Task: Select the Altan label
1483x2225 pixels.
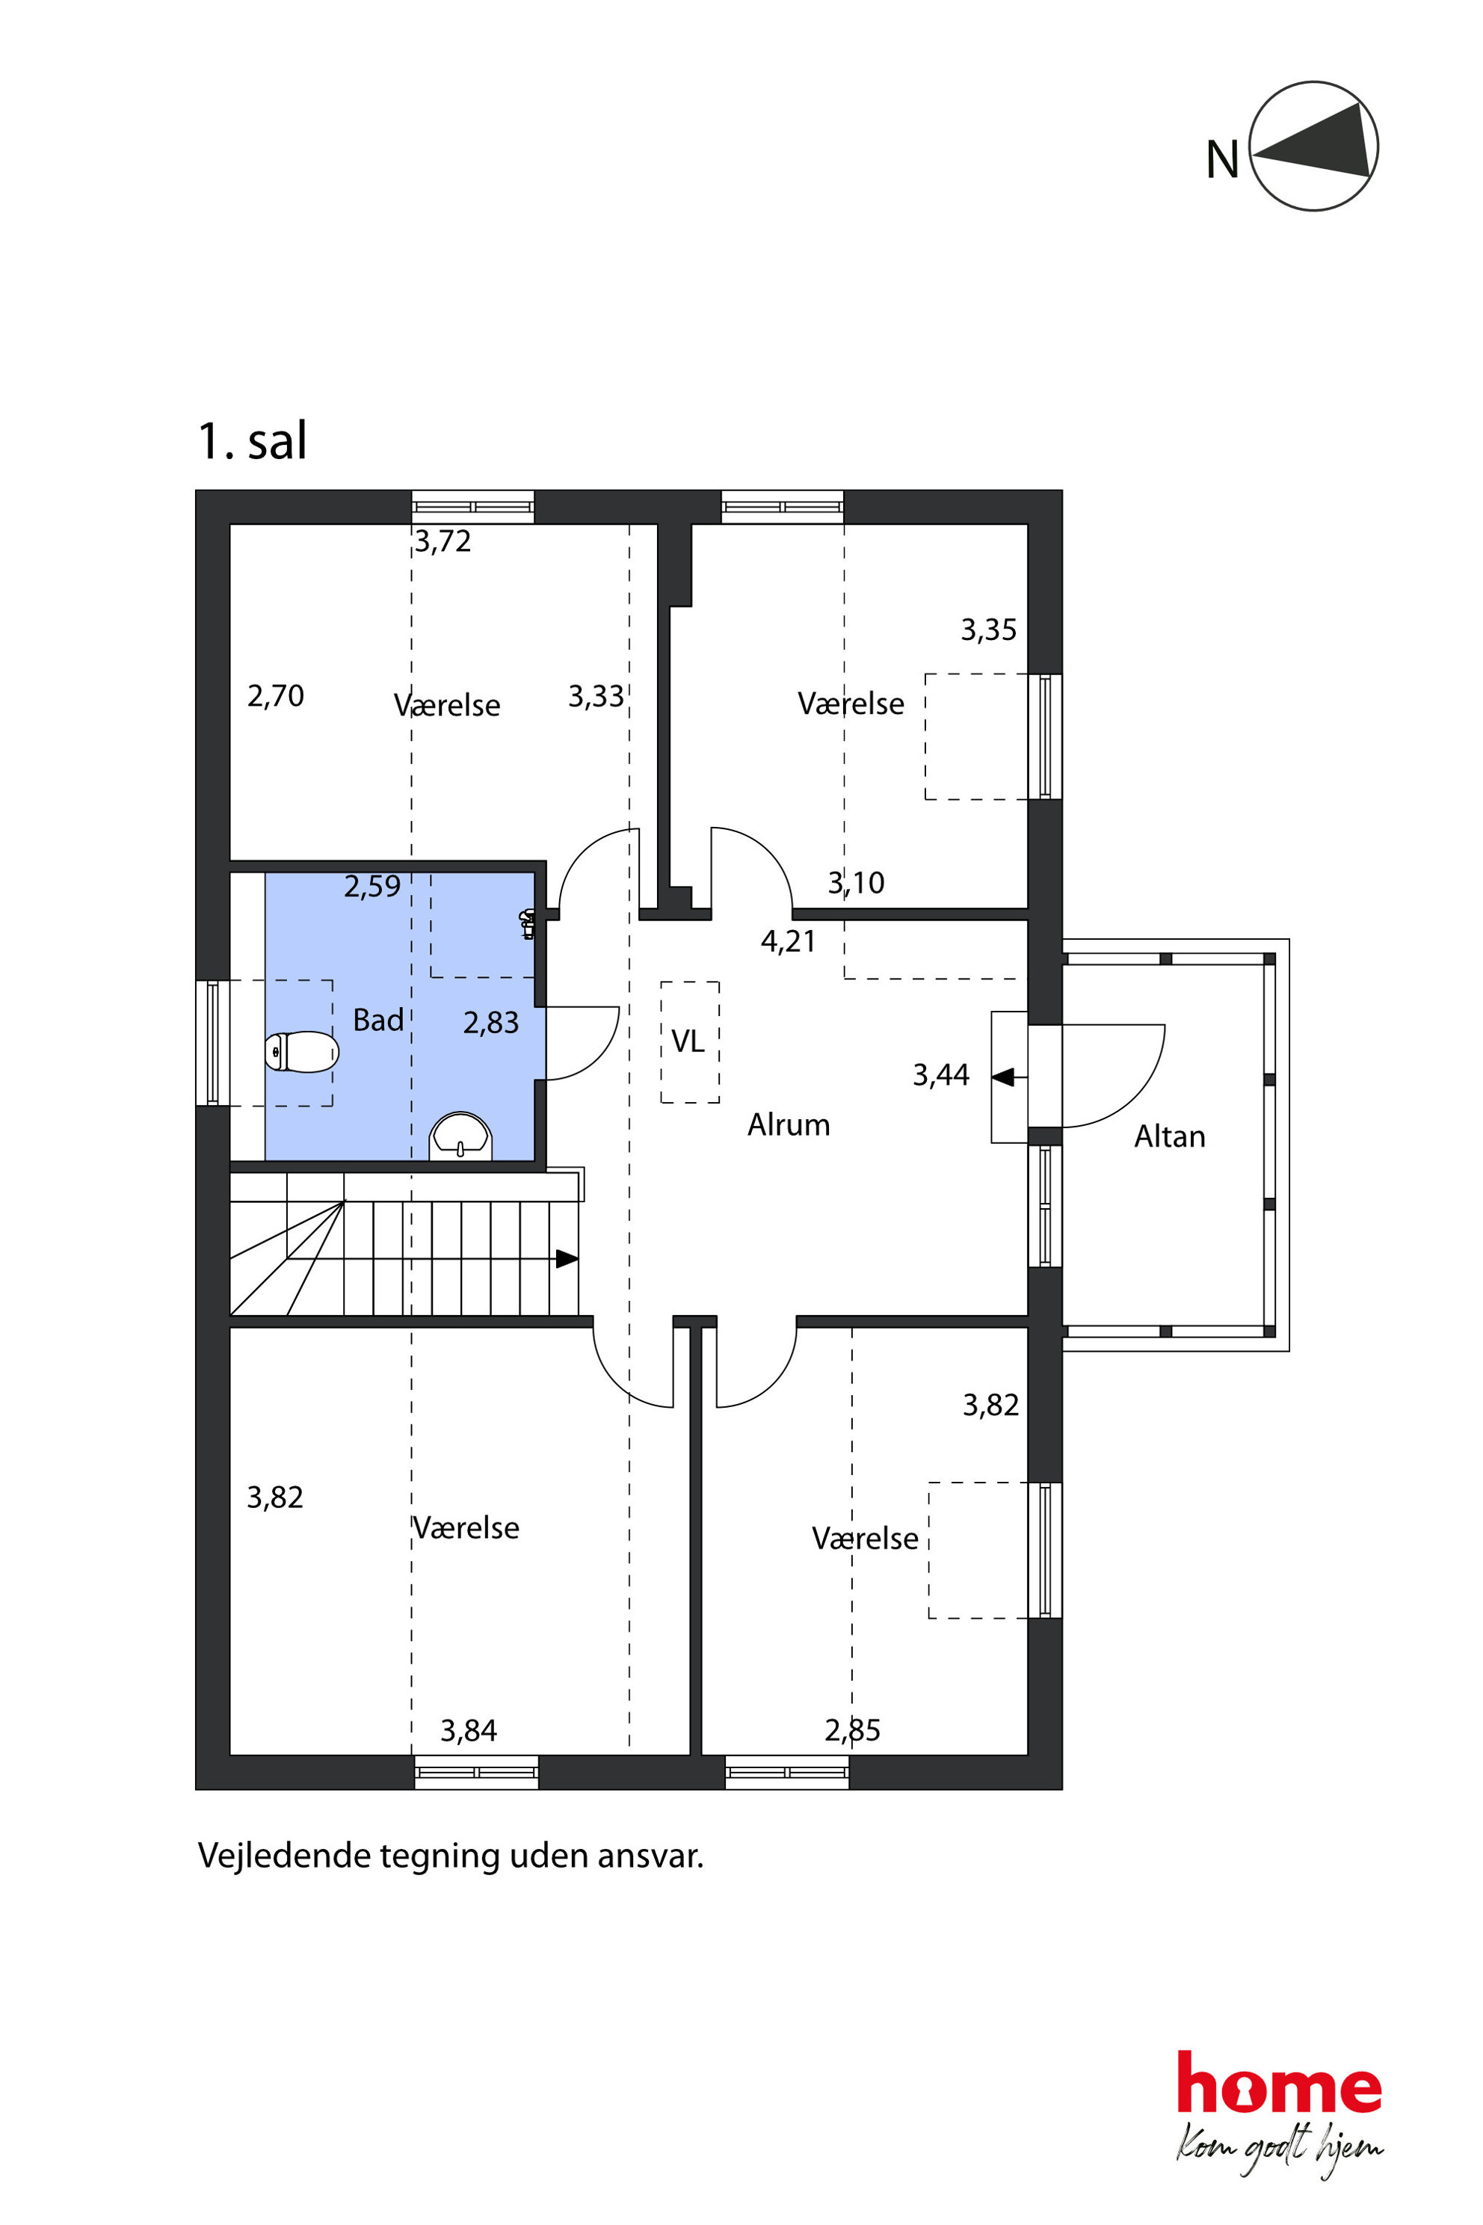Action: click(1170, 1136)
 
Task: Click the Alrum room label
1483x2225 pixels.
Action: click(789, 1124)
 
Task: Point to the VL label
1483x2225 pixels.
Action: click(688, 1041)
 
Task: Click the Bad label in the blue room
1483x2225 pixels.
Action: click(378, 1020)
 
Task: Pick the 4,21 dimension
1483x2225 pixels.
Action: click(788, 941)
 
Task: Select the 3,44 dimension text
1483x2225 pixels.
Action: click(940, 1074)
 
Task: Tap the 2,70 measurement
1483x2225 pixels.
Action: click(275, 696)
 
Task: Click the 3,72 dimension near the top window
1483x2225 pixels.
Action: click(443, 541)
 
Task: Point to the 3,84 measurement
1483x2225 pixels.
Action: click(468, 1732)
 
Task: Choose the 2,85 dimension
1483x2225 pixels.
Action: click(852, 1730)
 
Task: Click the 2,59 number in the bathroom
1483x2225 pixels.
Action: click(371, 887)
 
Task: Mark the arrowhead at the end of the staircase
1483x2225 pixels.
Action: click(567, 1258)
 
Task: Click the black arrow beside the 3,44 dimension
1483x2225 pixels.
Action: click(1003, 1077)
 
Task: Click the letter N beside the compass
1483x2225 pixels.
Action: click(1222, 159)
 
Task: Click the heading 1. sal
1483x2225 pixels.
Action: click(252, 441)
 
